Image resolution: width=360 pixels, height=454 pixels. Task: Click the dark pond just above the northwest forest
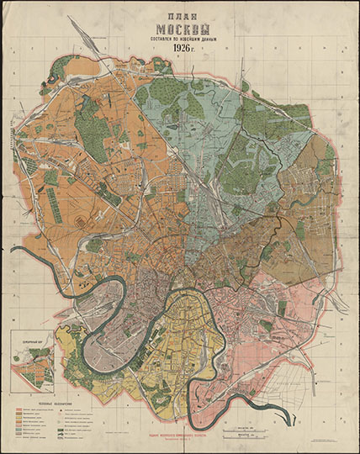tap(85, 96)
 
